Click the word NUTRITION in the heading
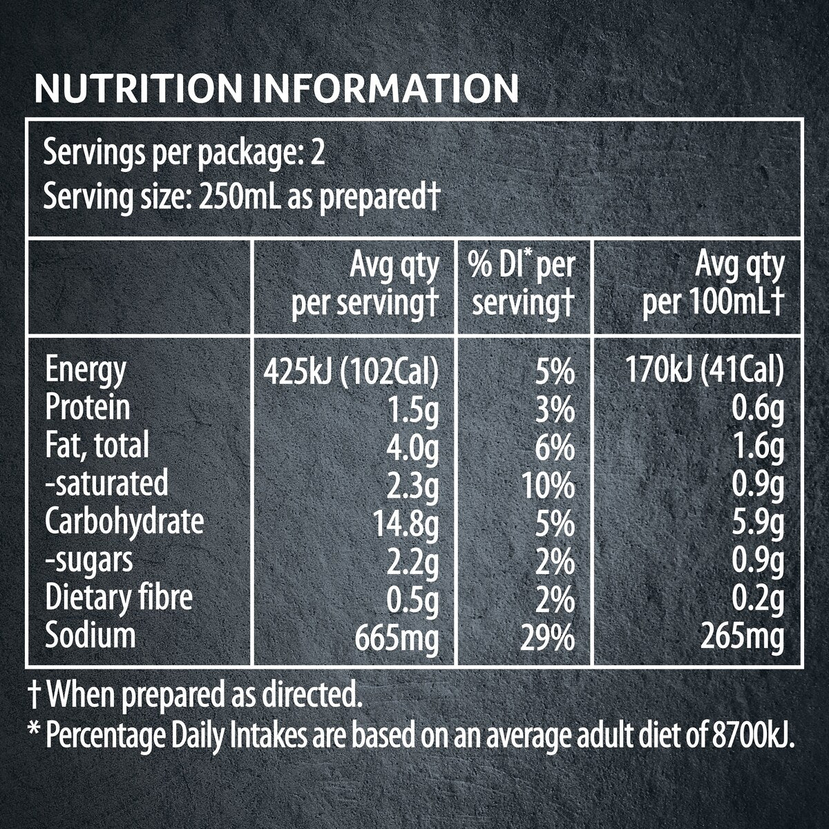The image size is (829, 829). coord(138,89)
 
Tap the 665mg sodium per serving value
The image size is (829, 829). coord(397,639)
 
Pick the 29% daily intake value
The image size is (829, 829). coord(547,638)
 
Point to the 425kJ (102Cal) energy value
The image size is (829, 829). coord(351,372)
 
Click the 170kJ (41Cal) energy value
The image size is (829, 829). coord(704,372)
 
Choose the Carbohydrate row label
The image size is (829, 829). coord(124,523)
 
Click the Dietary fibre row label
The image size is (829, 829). coord(119,598)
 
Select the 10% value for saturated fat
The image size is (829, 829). coord(548,486)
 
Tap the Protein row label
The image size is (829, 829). coord(87,407)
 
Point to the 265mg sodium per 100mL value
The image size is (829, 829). coord(742,639)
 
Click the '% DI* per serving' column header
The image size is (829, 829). coord(522,284)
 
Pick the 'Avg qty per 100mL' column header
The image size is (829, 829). coord(713,285)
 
